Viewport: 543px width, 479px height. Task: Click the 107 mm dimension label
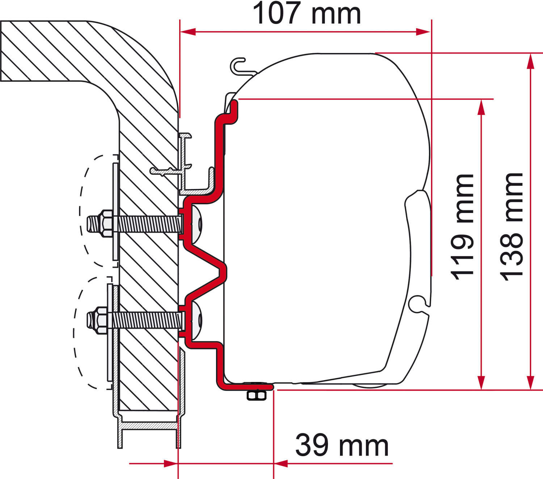coord(307,13)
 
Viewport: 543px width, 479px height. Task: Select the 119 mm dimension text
coord(462,228)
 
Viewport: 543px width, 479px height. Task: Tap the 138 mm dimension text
coord(512,228)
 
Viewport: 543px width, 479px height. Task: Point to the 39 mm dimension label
coord(342,445)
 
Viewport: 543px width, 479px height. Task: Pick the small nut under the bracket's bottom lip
coord(257,396)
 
